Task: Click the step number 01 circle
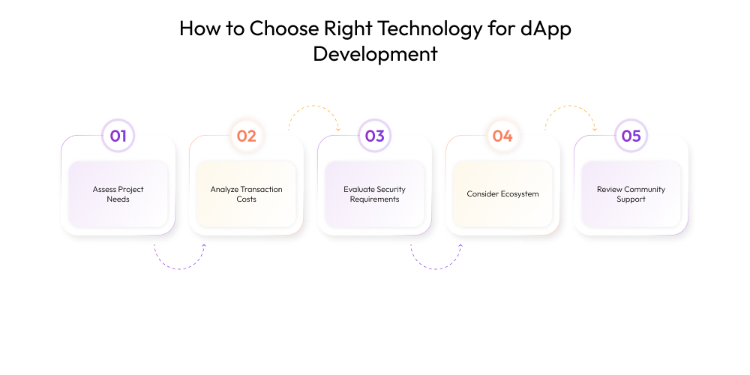coord(118,136)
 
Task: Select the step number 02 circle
coord(246,136)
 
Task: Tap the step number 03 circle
coord(374,136)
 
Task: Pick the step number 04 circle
coord(502,136)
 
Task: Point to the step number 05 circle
coord(631,136)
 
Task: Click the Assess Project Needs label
coord(118,194)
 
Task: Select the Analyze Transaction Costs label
coord(246,194)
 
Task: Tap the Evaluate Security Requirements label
coord(374,194)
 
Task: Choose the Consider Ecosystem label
coord(502,194)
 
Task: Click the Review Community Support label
coord(631,194)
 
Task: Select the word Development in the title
coord(375,53)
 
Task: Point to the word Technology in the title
coord(430,30)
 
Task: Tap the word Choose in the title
coord(284,28)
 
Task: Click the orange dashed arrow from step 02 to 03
coord(313,106)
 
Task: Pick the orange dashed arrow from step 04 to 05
coord(569,106)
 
